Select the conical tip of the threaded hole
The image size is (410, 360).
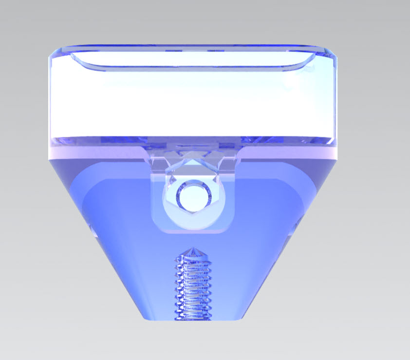click(x=193, y=251)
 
